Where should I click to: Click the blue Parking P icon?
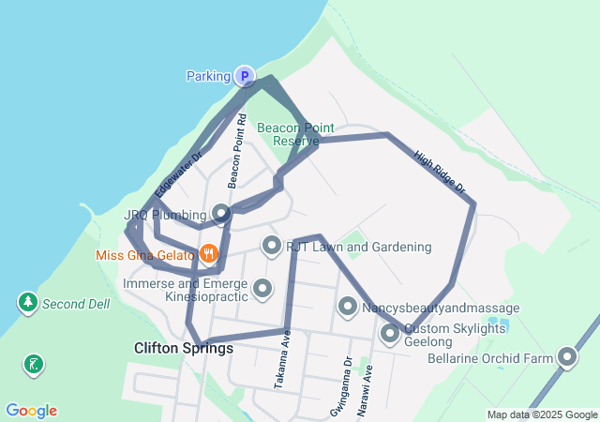(244, 76)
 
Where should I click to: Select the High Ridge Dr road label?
(439, 173)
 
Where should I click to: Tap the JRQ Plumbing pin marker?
(220, 214)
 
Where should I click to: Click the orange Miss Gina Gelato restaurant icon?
(208, 254)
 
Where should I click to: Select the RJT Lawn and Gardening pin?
(272, 247)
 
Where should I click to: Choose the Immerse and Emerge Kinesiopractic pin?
(262, 288)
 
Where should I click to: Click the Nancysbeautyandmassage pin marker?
(348, 307)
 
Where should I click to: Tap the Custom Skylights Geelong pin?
(390, 333)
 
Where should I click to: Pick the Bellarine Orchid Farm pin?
(567, 357)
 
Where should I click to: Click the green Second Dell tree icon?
(28, 303)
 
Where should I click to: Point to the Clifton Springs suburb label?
(184, 348)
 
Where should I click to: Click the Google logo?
(31, 411)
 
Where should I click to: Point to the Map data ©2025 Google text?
(542, 414)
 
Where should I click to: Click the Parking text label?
(208, 76)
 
